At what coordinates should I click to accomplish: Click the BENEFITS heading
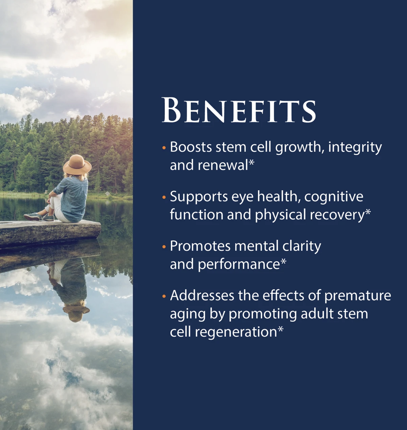coord(239,110)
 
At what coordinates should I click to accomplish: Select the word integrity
coord(355,147)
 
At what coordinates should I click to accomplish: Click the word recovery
coord(337,215)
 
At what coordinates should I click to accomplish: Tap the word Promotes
coord(200,246)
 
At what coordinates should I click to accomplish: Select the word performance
coord(239,265)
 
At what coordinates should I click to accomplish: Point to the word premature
coord(357,296)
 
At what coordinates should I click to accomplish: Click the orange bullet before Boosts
coord(164,147)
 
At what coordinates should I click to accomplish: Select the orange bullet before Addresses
coord(164,296)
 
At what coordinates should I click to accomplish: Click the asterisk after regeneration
coord(281,329)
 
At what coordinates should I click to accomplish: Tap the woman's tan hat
coord(77,165)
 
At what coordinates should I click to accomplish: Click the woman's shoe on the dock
coord(33,217)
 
